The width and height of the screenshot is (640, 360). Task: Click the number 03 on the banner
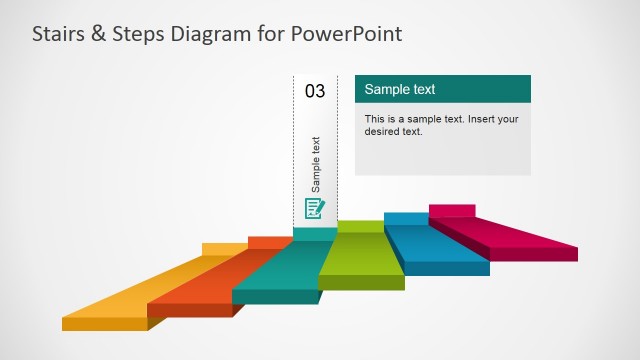(x=315, y=91)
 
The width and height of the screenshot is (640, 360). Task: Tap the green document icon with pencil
(x=315, y=208)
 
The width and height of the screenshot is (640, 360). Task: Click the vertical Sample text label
(x=316, y=163)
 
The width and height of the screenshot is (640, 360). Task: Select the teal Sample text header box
(x=442, y=89)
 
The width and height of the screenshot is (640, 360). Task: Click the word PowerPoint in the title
(x=345, y=34)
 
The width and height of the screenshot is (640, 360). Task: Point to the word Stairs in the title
(x=58, y=34)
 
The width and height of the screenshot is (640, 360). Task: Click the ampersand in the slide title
(x=100, y=34)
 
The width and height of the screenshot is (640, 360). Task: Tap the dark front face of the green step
(x=361, y=282)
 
